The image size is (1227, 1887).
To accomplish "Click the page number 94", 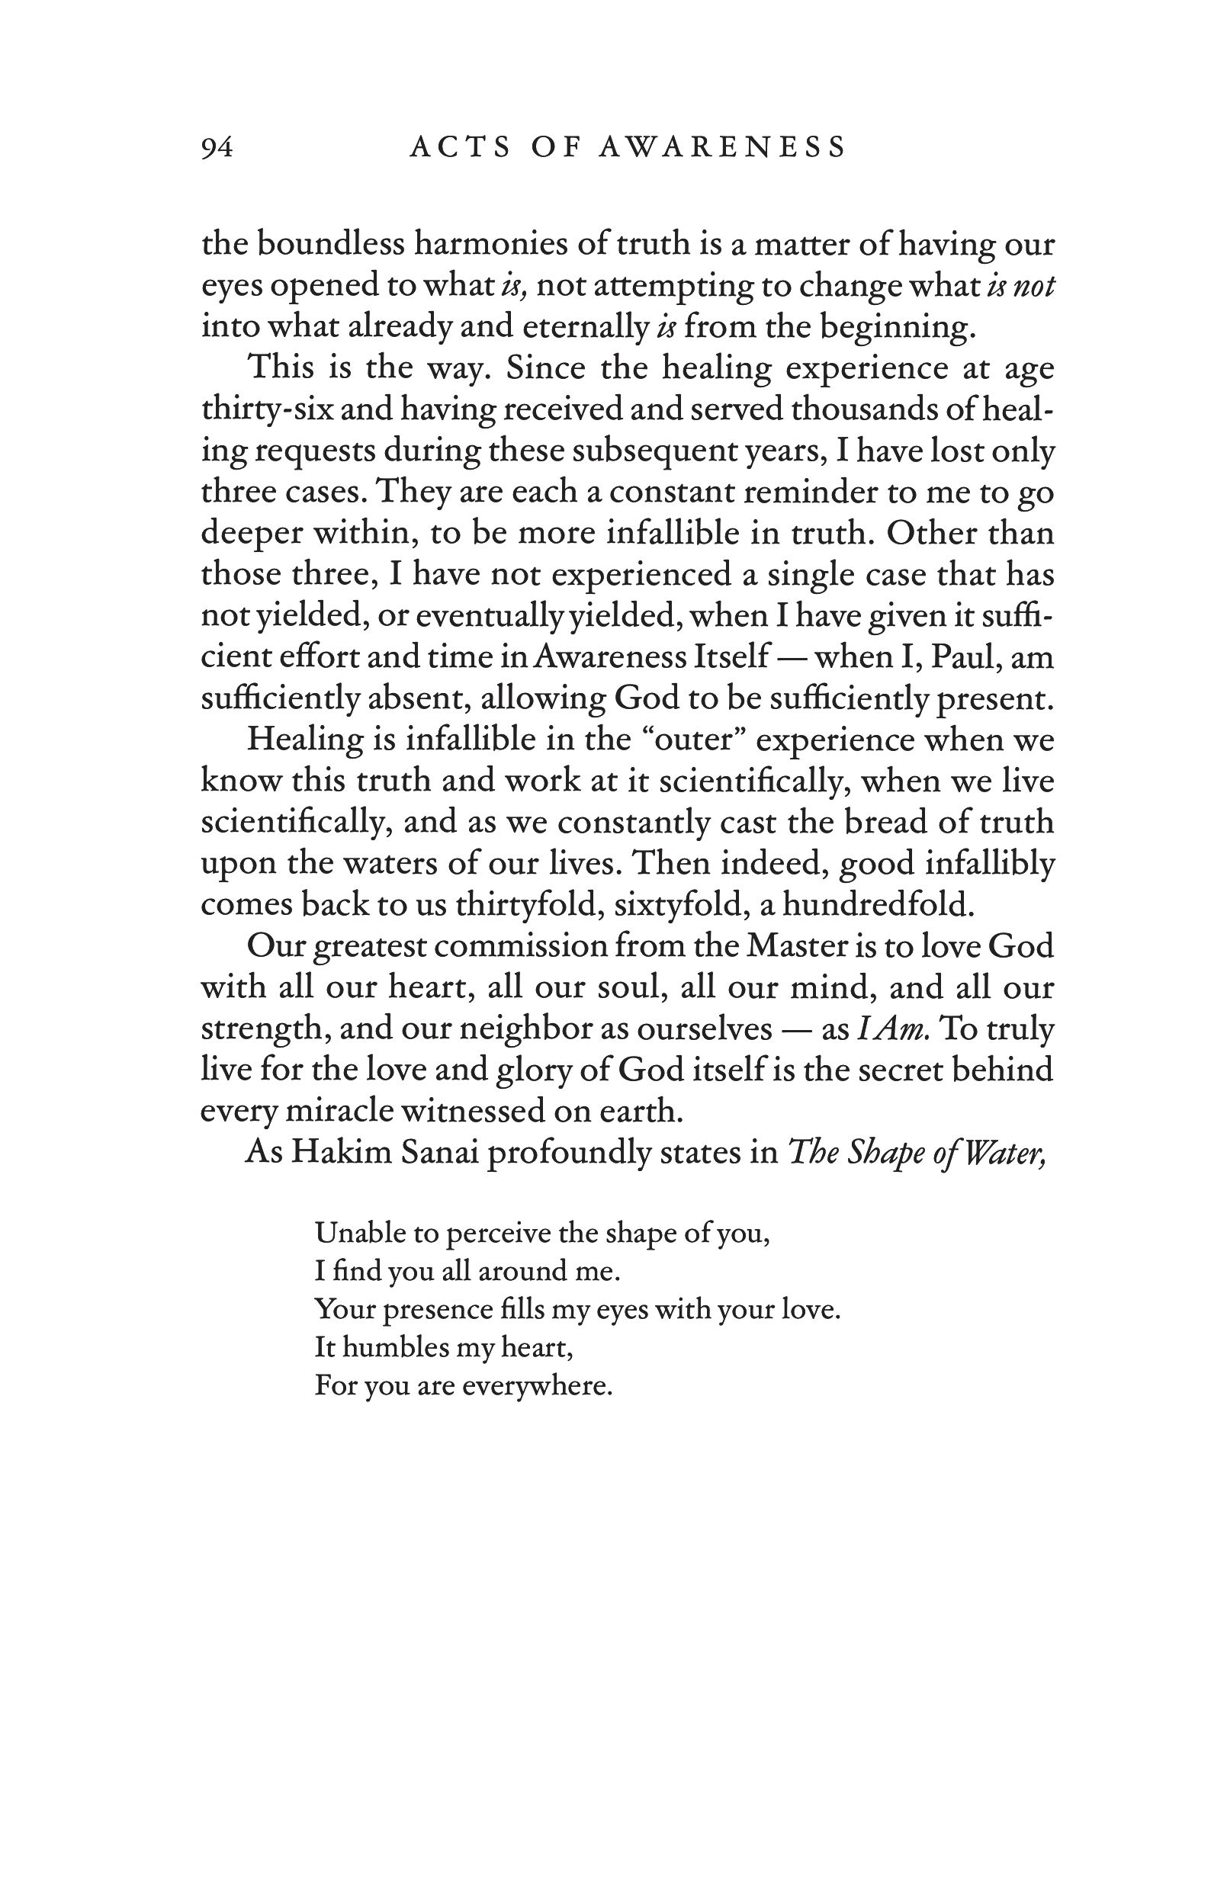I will click(x=217, y=148).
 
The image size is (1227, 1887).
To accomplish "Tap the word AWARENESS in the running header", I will click(x=723, y=148).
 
